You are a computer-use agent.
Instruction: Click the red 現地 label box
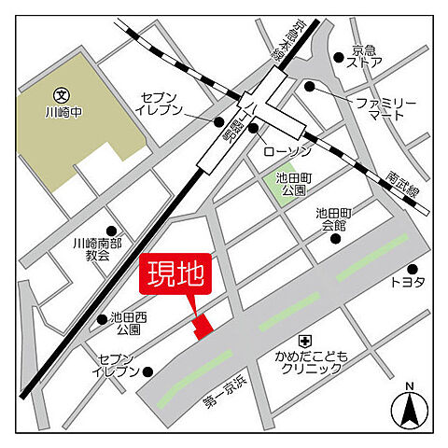[x=176, y=276]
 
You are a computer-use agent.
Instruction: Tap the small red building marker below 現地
[x=202, y=325]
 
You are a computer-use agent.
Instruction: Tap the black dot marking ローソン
[x=253, y=127]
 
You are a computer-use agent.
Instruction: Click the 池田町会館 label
[x=335, y=218]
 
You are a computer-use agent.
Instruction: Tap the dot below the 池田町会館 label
[x=335, y=238]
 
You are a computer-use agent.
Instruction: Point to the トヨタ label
[x=408, y=281]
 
